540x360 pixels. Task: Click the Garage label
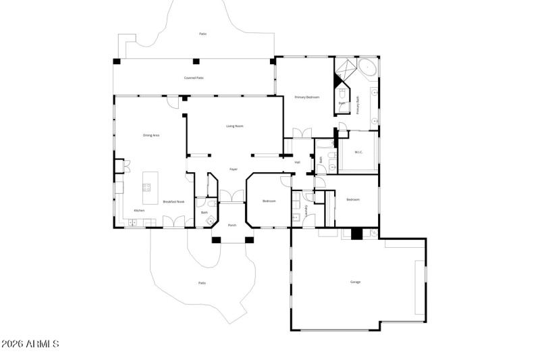pyautogui.click(x=355, y=281)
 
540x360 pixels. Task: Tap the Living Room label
pyautogui.click(x=234, y=126)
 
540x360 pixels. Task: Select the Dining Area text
pyautogui.click(x=151, y=135)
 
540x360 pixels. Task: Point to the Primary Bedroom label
pyautogui.click(x=306, y=97)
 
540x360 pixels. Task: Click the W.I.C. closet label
pyautogui.click(x=358, y=152)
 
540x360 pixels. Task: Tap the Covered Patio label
pyautogui.click(x=194, y=78)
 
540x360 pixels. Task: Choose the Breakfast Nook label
pyautogui.click(x=173, y=201)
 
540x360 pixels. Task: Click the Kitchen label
pyautogui.click(x=139, y=211)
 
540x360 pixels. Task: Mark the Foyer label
pyautogui.click(x=234, y=169)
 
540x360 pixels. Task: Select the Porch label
pyautogui.click(x=232, y=225)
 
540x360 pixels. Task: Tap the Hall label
pyautogui.click(x=297, y=162)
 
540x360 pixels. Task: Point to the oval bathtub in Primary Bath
pyautogui.click(x=368, y=67)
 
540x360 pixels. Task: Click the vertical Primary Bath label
pyautogui.click(x=358, y=105)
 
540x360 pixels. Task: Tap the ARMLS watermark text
pyautogui.click(x=30, y=344)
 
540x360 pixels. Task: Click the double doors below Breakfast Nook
pyautogui.click(x=174, y=222)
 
